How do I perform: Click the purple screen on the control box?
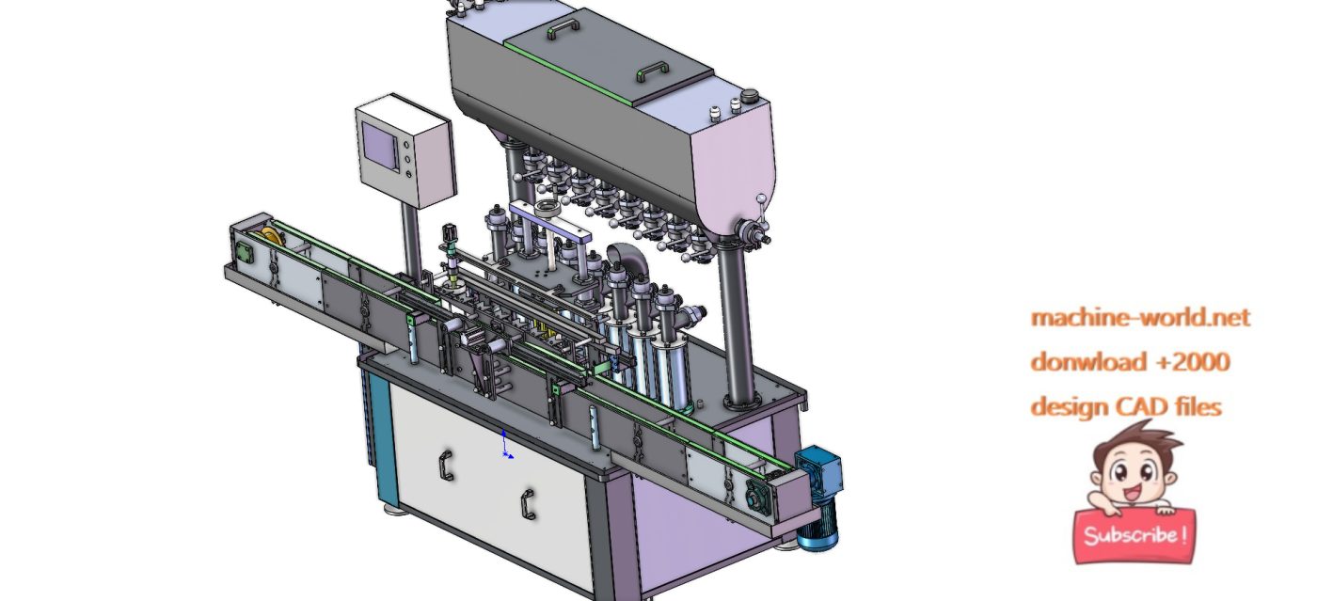tap(383, 147)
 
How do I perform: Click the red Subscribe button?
tap(1134, 536)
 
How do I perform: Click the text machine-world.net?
tap(1140, 318)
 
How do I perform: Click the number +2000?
tap(1192, 362)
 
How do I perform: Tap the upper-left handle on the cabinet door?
tap(445, 466)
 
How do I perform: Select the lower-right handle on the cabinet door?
tap(528, 504)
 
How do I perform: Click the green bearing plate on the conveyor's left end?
tap(244, 253)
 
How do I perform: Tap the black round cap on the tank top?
tap(750, 95)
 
